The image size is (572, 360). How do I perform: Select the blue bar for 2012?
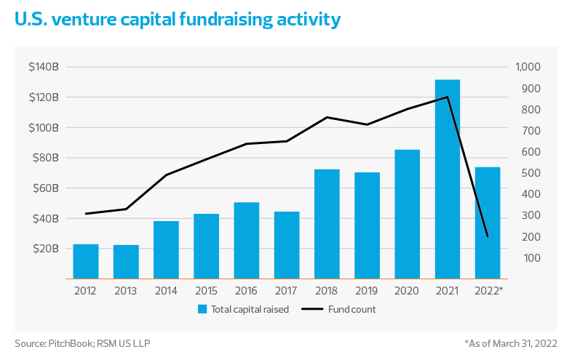pyautogui.click(x=85, y=261)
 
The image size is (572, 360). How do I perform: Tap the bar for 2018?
pyautogui.click(x=327, y=224)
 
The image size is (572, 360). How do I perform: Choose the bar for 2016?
pyautogui.click(x=247, y=240)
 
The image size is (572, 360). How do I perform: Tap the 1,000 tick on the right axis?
pyautogui.click(x=529, y=67)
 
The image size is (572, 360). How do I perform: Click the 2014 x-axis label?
pyautogui.click(x=166, y=290)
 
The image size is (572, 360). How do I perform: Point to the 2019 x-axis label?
pyautogui.click(x=367, y=290)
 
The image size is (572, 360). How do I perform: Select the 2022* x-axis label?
pyautogui.click(x=489, y=290)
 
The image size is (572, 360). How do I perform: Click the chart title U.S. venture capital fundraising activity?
pyautogui.click(x=178, y=20)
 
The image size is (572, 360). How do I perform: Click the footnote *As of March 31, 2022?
pyautogui.click(x=510, y=343)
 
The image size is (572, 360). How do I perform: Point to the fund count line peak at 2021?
pyautogui.click(x=448, y=97)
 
